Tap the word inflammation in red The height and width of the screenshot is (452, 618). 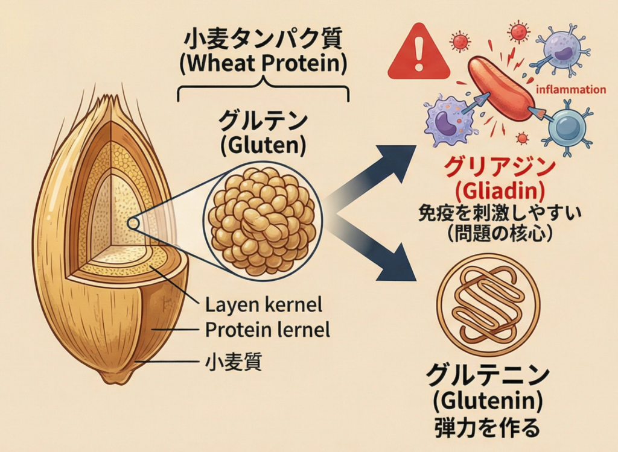(x=570, y=90)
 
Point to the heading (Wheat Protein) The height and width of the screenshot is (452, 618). (x=264, y=64)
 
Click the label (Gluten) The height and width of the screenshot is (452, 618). (x=264, y=145)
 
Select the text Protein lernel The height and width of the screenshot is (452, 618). (x=267, y=330)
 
